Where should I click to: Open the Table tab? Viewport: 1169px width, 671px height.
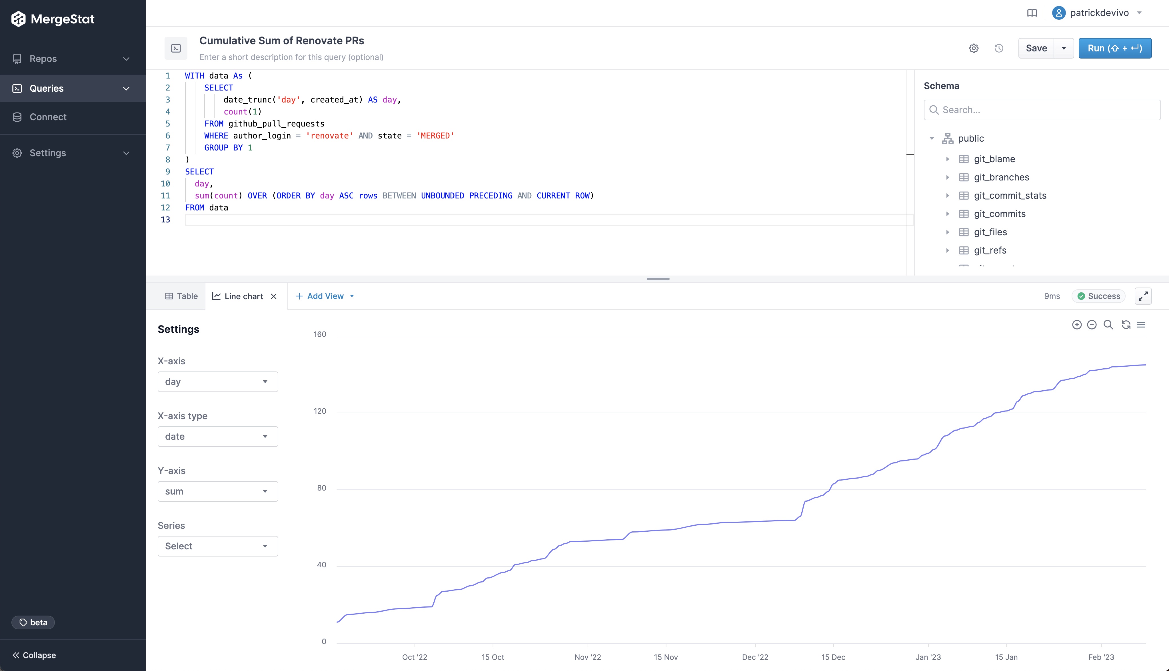[x=182, y=296]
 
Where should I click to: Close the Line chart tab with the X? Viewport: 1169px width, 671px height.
[x=274, y=296]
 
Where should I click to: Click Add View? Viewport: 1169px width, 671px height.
[x=325, y=296]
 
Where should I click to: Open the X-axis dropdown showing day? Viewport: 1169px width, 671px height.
[x=218, y=381]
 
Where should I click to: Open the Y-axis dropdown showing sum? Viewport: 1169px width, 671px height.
[x=218, y=491]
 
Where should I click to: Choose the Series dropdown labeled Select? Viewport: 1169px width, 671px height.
[x=218, y=546]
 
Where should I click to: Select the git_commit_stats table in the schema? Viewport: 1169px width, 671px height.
[x=1010, y=195]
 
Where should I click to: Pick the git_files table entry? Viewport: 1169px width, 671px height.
[x=990, y=232]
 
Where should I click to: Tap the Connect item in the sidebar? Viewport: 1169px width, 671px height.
[x=48, y=117]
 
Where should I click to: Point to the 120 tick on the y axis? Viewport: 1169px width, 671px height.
[x=320, y=411]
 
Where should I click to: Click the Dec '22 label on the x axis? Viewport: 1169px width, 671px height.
[x=754, y=657]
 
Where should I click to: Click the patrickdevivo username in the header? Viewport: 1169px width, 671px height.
[x=1099, y=13]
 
